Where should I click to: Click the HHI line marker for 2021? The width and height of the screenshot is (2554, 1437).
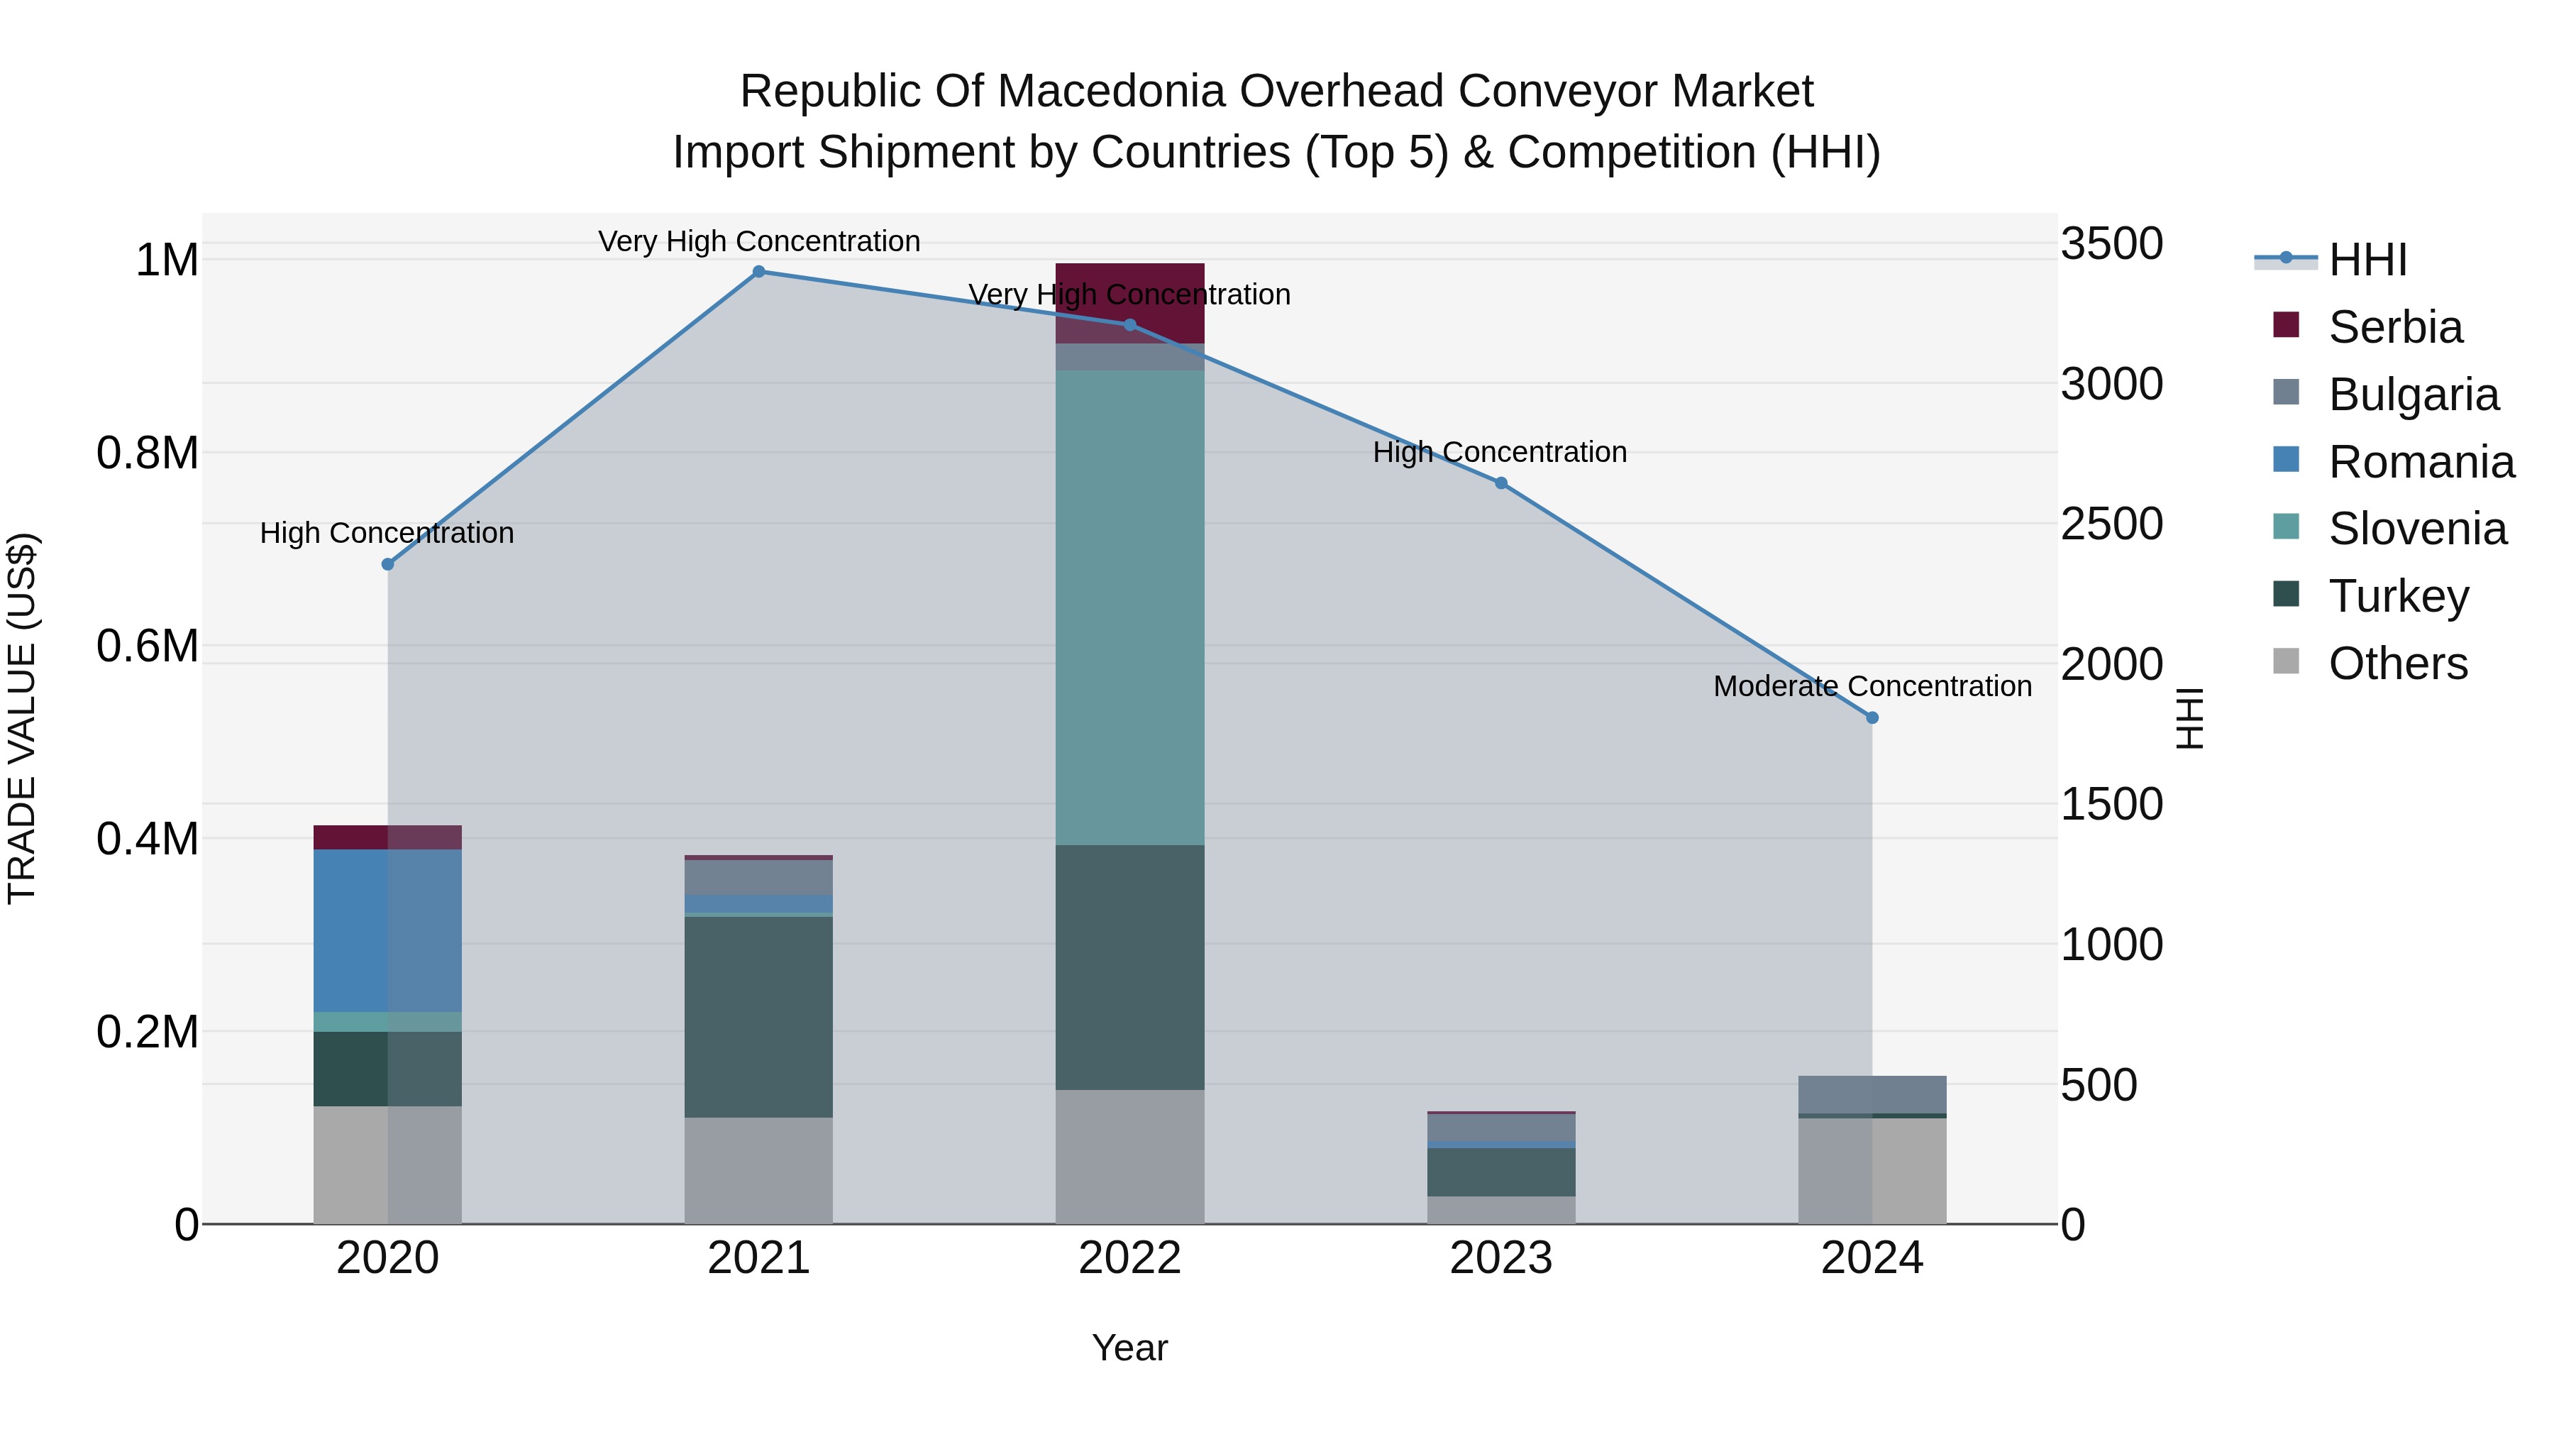758,272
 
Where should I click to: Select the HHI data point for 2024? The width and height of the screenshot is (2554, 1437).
1872,718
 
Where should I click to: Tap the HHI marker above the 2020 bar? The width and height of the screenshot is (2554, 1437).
387,564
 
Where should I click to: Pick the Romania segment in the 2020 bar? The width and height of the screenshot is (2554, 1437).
387,930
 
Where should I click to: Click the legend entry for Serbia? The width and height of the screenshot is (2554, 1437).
2394,327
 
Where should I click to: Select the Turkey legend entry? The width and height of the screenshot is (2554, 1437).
2397,596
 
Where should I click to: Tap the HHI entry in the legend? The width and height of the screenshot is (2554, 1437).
2367,260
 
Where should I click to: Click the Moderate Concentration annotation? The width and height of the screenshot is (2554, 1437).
1872,686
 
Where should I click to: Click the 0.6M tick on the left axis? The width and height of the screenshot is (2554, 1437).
147,646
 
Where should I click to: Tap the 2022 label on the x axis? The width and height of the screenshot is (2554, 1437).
1129,1258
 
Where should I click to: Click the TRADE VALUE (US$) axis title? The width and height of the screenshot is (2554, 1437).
23,718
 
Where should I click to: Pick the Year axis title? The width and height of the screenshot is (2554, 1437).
1129,1349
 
